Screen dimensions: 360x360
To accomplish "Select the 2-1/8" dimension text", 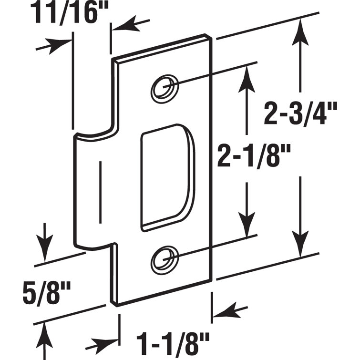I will tap(247, 154).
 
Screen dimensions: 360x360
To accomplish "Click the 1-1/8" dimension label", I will tap(173, 341).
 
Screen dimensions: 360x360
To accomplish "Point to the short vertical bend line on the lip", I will tap(101, 191).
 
